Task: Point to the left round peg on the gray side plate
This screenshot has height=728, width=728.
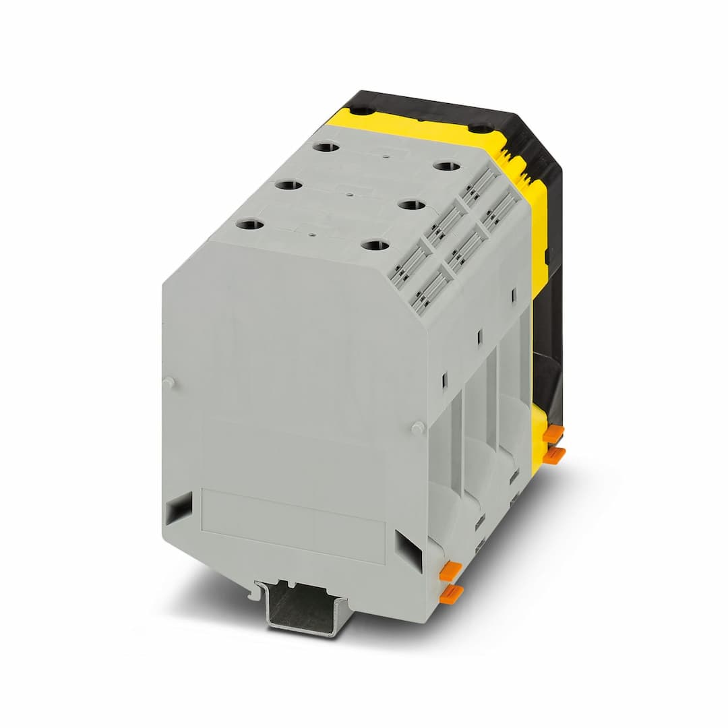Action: [x=169, y=382]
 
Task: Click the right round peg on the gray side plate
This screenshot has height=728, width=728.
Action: [x=417, y=427]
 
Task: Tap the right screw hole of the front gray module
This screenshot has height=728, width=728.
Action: [x=374, y=245]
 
